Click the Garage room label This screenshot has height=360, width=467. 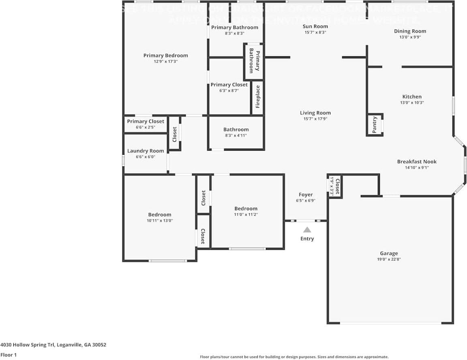(x=389, y=253)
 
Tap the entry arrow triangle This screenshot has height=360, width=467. (x=307, y=230)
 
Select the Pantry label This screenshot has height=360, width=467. (x=375, y=125)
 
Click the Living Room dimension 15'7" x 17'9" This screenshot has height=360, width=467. (x=315, y=119)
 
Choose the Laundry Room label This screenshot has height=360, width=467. (x=146, y=151)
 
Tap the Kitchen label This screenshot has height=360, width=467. (x=411, y=97)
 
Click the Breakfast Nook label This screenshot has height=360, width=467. (x=417, y=162)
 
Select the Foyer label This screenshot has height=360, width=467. (x=306, y=194)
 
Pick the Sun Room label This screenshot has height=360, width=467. (x=315, y=26)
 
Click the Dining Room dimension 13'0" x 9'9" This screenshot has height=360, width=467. (x=410, y=37)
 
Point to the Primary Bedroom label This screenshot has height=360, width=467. (x=165, y=55)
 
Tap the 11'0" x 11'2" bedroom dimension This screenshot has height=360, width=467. (x=245, y=214)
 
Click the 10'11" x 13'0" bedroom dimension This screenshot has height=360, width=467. (x=159, y=221)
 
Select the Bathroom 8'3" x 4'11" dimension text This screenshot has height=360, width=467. (x=236, y=135)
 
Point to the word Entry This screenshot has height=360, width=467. (x=307, y=239)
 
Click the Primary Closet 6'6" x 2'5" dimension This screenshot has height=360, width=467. (x=145, y=127)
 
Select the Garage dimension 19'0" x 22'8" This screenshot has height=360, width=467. (x=389, y=259)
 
